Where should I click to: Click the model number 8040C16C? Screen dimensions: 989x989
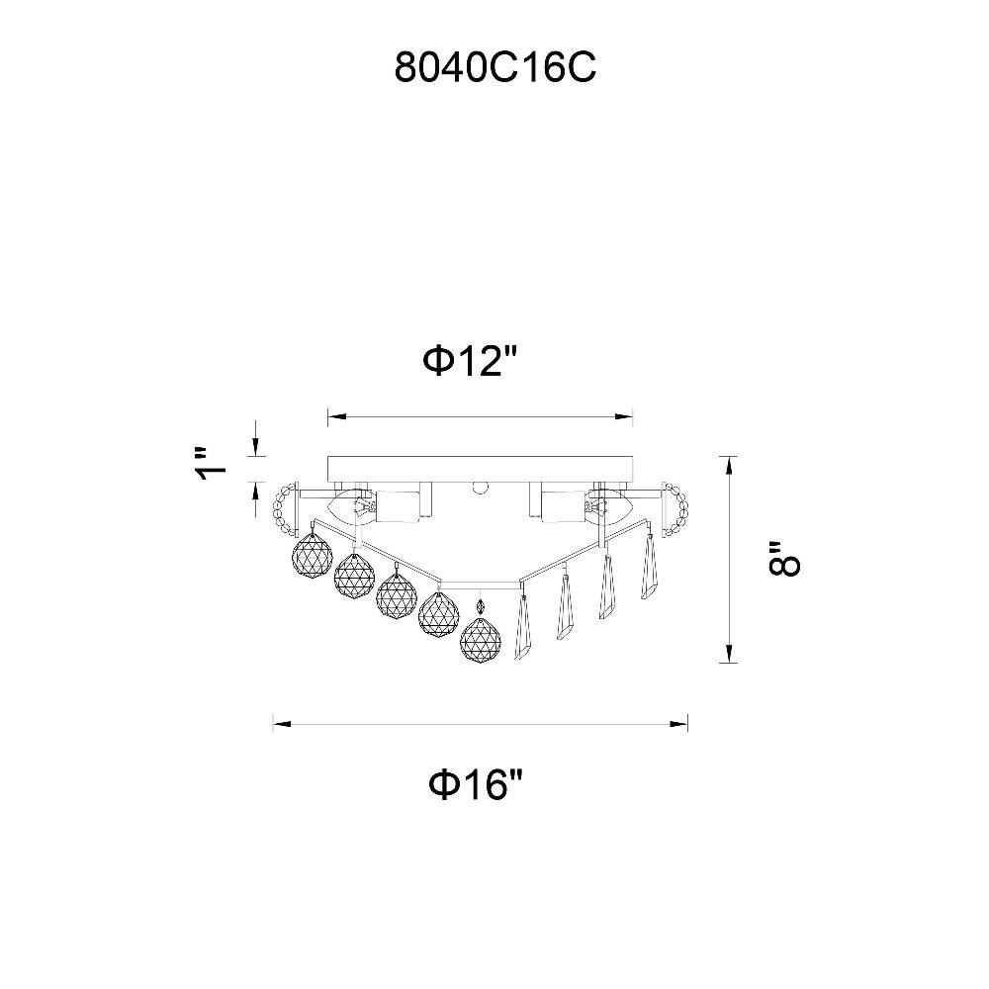pos(495,67)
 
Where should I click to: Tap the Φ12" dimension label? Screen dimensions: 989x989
pos(470,361)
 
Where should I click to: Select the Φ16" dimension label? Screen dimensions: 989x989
pos(477,784)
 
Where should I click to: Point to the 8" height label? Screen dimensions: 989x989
pos(784,559)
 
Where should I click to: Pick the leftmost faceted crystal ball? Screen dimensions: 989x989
pos(313,553)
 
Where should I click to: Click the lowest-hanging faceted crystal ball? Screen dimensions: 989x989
pos(481,640)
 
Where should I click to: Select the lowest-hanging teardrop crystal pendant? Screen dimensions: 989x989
pos(524,623)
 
